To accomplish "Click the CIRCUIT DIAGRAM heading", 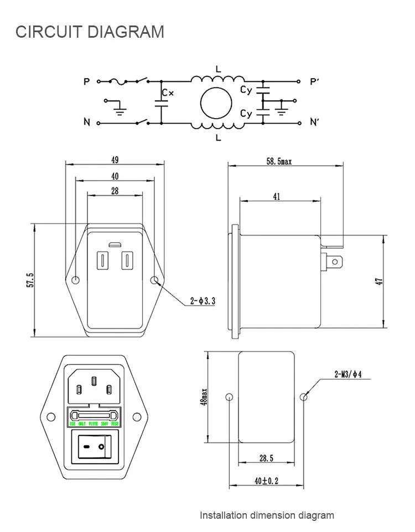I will click(x=90, y=32).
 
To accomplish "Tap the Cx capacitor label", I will click(x=168, y=93).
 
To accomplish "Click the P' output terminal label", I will click(x=315, y=81).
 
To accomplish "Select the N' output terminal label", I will click(x=315, y=122).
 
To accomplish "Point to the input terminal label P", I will click(x=86, y=81).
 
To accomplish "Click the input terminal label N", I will click(x=86, y=122).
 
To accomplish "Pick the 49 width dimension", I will click(x=115, y=160).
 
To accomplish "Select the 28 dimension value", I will click(x=115, y=191).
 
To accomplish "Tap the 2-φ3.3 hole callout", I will click(x=203, y=301).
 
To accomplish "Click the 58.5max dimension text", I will click(x=279, y=161).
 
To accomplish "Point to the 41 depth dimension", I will click(x=277, y=196).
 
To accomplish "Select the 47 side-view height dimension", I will click(x=379, y=281).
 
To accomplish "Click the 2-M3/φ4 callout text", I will click(x=347, y=375).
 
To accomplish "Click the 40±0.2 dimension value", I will click(x=266, y=482).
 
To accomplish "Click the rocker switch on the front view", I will click(x=92, y=446).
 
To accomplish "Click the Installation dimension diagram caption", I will click(x=267, y=515).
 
